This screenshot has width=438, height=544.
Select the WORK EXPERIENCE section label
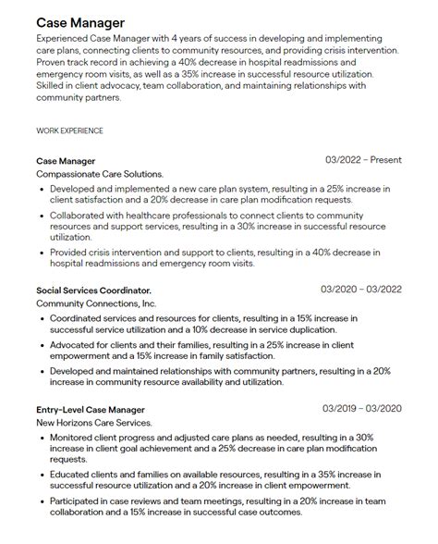69,130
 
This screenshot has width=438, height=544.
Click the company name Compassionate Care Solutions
100,174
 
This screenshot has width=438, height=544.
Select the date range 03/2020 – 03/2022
361,289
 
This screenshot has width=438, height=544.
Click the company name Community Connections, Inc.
96,303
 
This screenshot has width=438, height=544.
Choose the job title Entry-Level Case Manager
91,409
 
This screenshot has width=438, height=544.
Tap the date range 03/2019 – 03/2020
361,408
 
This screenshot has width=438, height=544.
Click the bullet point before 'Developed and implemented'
43,189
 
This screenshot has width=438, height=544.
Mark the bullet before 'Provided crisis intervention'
43,251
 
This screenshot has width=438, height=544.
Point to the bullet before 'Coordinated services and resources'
43,317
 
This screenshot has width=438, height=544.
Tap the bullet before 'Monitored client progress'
43,437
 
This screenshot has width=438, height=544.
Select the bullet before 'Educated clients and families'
43,474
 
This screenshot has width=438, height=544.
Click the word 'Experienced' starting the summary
66,40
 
